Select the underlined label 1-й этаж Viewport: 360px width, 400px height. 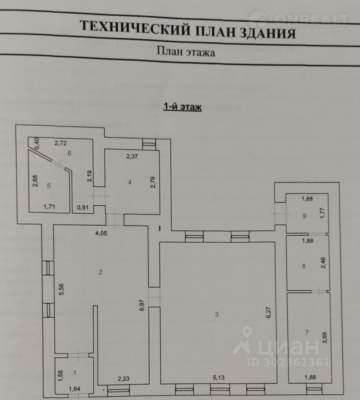point(182,107)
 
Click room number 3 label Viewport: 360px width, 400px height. point(217,314)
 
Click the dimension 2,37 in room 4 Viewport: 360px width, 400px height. point(132,156)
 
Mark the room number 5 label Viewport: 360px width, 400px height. point(49,186)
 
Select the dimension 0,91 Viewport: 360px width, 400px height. point(82,207)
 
